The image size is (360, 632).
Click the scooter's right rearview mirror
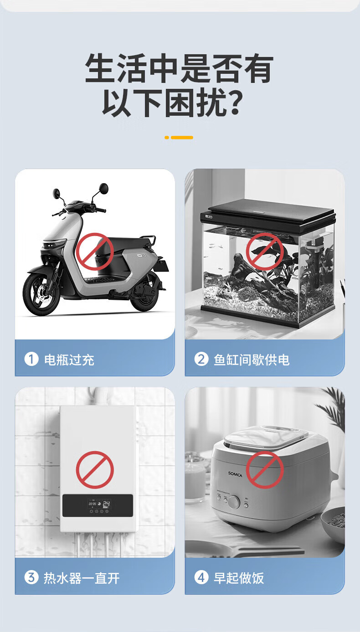(103, 188)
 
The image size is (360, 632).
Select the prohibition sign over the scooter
(95, 252)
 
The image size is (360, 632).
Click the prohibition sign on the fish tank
(265, 252)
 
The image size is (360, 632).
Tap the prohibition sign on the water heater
(95, 470)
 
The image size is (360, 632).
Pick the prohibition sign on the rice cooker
(265, 470)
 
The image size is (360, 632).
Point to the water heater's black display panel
(98, 506)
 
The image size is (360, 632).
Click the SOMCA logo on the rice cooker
(235, 474)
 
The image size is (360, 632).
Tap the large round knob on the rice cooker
(234, 502)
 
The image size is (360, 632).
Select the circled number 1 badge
(31, 360)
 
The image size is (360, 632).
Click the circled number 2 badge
(201, 360)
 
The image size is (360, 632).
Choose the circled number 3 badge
(31, 577)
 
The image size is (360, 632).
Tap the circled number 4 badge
(201, 577)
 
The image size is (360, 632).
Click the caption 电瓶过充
(69, 360)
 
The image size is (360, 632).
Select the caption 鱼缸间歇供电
(252, 360)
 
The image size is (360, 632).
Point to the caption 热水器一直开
(82, 578)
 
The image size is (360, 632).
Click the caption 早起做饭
(239, 578)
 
